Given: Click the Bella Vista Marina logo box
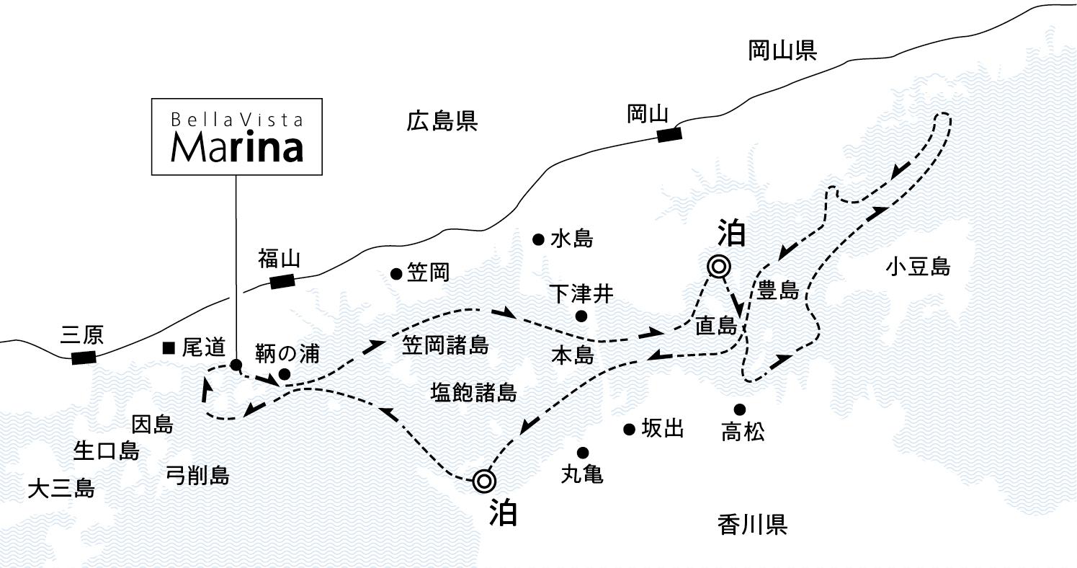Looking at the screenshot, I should point(236,137).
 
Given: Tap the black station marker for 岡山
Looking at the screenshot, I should point(669,133).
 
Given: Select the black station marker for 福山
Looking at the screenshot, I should point(282,281).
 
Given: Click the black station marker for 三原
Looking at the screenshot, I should point(84,357).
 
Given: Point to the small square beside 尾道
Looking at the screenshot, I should point(169,349).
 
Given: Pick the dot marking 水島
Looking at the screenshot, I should point(537,239).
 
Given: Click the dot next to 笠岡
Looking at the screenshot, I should point(396,273).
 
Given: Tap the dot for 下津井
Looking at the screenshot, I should point(581,316).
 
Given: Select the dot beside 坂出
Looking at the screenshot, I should point(629,430).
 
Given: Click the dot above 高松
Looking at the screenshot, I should point(740,409).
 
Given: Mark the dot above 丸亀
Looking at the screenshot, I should point(583,453).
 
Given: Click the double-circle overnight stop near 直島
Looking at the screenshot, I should point(718,267).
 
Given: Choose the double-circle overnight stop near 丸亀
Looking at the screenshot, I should point(483,480).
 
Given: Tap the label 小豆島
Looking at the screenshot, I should point(919,268).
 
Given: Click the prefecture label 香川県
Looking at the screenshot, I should point(752,525).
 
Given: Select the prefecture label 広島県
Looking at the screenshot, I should point(442,121).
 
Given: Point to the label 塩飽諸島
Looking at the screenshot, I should point(473,392).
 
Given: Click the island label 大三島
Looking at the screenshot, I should point(61,490).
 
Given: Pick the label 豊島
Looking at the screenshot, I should point(778,291).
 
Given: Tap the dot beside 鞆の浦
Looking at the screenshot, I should point(285,374).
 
